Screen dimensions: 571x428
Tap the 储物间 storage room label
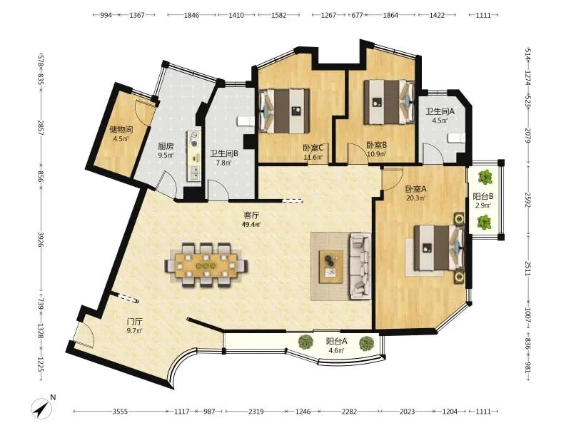(x=121, y=129)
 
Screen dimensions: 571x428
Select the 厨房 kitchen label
(x=166, y=146)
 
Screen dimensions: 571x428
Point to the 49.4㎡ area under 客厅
(x=251, y=224)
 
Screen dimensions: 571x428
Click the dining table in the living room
(x=206, y=265)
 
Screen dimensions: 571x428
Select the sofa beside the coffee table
(x=360, y=267)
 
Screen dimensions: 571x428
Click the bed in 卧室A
(x=439, y=248)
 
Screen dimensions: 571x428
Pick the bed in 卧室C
(x=284, y=111)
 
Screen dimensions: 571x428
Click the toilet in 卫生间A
(x=456, y=138)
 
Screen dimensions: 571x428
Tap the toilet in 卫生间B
(x=246, y=121)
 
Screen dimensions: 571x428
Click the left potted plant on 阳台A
(x=305, y=342)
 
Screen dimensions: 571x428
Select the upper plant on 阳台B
(x=485, y=177)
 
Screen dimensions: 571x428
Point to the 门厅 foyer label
(x=134, y=322)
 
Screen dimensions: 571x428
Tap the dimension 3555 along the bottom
(x=120, y=412)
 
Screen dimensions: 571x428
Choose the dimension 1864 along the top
(x=390, y=15)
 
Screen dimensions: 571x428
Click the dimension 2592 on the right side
(x=527, y=200)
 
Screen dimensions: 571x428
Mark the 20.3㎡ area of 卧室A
(x=415, y=198)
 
